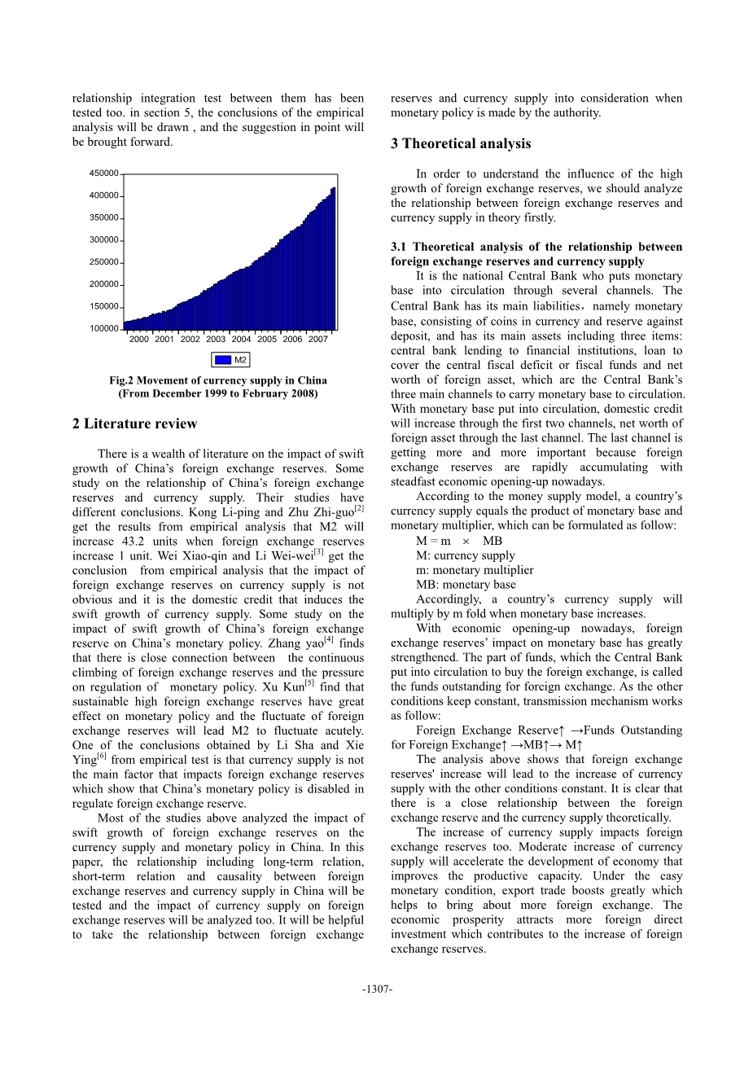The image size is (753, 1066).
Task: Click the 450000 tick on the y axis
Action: (104, 173)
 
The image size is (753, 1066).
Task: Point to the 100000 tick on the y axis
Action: (104, 329)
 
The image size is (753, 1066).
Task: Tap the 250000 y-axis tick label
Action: (104, 262)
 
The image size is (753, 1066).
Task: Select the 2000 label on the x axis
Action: (139, 340)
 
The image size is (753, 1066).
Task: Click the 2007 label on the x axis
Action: (318, 340)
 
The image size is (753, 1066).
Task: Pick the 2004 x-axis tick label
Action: (241, 340)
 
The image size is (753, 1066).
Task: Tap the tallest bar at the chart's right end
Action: (333, 258)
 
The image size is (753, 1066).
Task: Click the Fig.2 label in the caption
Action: (123, 380)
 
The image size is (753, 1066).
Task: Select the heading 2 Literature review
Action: (135, 423)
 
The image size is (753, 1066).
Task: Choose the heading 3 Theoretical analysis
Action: (461, 144)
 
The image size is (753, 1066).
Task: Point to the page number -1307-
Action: (377, 989)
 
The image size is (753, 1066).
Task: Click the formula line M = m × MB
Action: (459, 541)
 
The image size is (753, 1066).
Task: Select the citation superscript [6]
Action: (102, 757)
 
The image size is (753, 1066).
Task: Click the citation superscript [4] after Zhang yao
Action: (329, 639)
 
